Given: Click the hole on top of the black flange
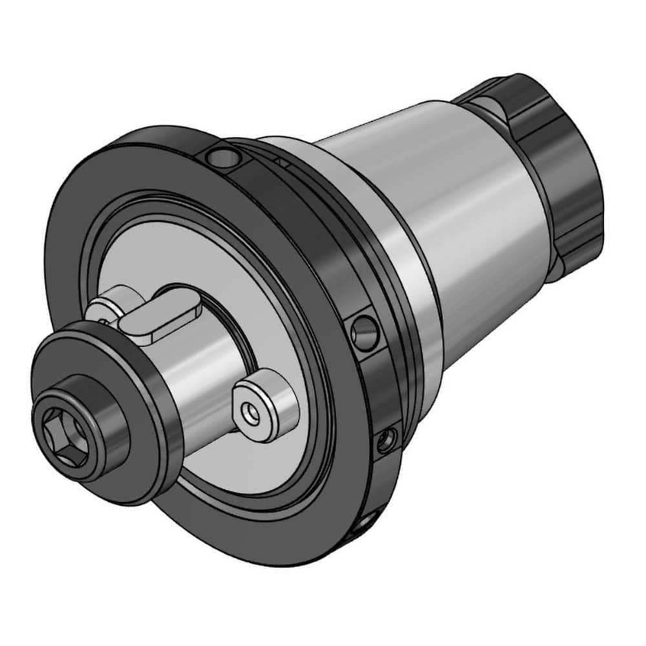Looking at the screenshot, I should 220,154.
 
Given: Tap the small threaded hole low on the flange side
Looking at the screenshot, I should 386,441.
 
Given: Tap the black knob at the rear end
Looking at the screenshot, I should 562,168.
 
